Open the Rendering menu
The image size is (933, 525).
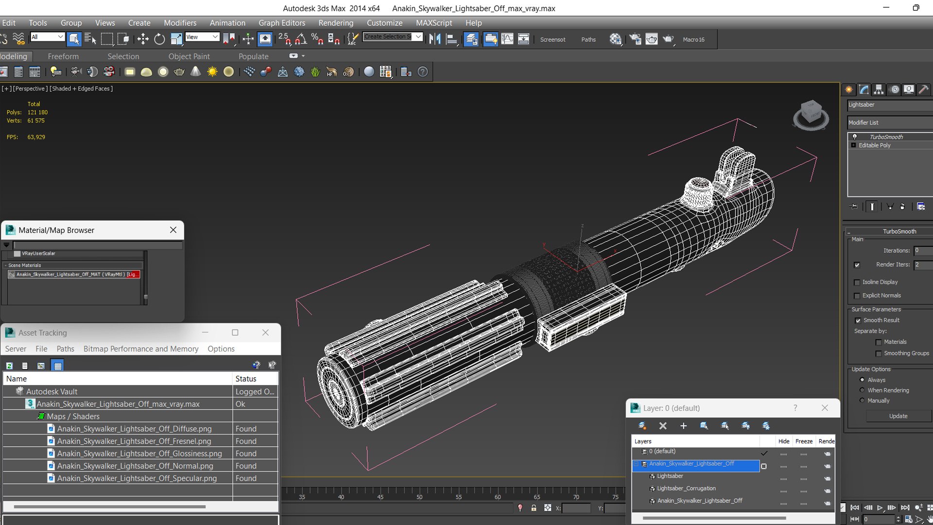336,23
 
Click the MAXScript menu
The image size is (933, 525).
433,23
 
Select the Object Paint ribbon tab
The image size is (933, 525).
189,56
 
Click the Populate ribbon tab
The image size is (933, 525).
253,56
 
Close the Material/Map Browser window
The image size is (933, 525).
173,230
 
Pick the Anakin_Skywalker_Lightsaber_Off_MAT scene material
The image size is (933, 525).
73,274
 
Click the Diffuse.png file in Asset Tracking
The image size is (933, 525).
134,429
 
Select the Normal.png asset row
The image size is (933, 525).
135,466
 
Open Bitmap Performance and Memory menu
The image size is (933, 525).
141,349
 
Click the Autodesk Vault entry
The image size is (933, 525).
52,391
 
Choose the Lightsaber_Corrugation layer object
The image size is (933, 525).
686,488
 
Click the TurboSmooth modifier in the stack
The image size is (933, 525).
886,137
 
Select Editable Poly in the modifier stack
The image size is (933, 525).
874,145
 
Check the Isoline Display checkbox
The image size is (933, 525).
857,282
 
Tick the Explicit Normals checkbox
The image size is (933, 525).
857,296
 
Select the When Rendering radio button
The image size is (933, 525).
862,390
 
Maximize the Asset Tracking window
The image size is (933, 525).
235,332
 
